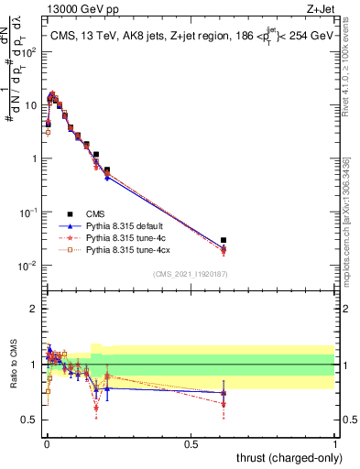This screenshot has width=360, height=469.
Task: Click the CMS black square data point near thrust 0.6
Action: pos(224,240)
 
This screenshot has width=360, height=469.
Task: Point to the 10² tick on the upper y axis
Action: pos(29,51)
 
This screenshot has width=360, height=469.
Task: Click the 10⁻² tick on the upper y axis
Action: pos(29,266)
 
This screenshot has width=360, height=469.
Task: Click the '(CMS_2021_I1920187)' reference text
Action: pos(191,274)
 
